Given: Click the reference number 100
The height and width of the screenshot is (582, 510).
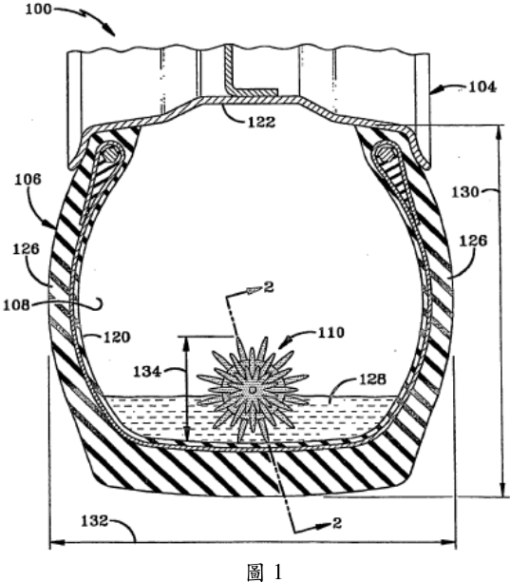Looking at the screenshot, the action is tap(38, 9).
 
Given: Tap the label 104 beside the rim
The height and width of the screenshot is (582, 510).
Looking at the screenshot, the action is tap(482, 87).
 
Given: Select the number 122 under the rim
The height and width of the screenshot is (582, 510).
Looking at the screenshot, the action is tap(261, 122).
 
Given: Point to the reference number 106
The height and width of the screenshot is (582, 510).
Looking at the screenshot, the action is tap(28, 180).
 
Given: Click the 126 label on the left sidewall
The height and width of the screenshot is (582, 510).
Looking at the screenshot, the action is tap(26, 249).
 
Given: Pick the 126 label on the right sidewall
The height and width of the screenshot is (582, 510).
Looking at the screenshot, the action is tap(473, 242).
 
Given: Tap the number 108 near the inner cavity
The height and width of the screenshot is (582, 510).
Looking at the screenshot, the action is tap(16, 305).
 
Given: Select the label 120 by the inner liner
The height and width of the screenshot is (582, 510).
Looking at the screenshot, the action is tap(117, 338).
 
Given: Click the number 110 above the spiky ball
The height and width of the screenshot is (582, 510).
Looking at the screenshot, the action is tap(331, 333).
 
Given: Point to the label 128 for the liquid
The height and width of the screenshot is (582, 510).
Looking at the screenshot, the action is tap(372, 379).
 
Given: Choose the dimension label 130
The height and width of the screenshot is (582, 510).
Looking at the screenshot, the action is tap(465, 192).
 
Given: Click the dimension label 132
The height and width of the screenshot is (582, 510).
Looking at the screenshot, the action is tap(95, 521).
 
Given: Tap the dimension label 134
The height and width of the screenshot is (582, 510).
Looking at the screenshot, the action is tap(147, 372).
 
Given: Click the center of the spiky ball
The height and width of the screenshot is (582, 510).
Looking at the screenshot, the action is tap(253, 390).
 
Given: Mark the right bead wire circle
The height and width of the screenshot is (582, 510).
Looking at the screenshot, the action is tap(386, 153).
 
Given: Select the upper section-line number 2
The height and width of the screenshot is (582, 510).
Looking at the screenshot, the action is tap(269, 287).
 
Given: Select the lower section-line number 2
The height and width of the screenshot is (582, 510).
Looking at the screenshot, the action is tap(337, 523).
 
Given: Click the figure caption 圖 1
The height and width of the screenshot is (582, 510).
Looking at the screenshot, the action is tap(265, 572).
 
